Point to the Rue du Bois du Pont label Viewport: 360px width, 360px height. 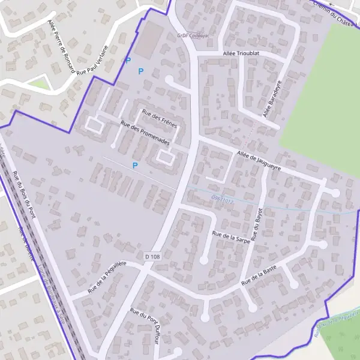tap(24, 195)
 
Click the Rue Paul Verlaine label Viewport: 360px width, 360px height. tap(95, 60)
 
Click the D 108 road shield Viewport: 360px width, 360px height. tap(152, 257)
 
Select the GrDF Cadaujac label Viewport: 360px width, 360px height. tap(191, 35)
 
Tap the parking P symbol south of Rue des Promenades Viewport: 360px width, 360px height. tap(135, 165)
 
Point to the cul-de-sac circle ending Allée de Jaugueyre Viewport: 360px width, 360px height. tap(335, 193)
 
